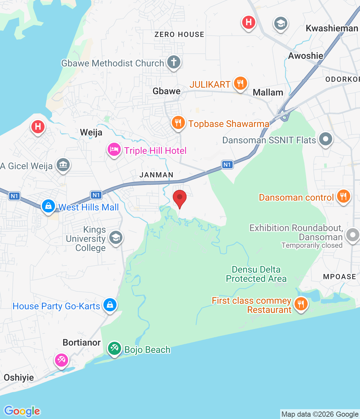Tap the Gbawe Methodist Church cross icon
[174, 62]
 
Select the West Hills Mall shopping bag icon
[48, 206]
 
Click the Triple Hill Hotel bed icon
[114, 150]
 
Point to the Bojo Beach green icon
[115, 348]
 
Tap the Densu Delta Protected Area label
[256, 274]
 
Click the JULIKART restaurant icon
[241, 83]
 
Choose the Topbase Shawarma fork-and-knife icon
[178, 123]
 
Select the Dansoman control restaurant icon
[343, 196]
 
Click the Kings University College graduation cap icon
[116, 238]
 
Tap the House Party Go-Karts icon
[110, 305]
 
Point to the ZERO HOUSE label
[179, 34]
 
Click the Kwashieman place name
[332, 28]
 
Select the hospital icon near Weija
[38, 126]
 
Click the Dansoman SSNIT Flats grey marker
[325, 139]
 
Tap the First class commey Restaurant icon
[301, 304]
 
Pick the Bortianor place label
[81, 342]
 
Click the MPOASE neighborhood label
[339, 277]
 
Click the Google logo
[22, 411]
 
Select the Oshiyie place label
[19, 377]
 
